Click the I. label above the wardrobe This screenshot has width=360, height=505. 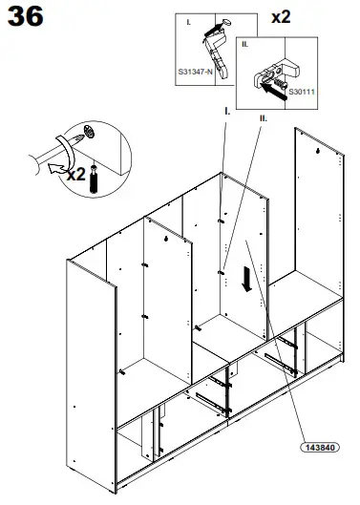[x=226, y=111]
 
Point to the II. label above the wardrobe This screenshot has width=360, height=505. [x=263, y=118]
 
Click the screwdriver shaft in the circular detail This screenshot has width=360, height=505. [x=38, y=162]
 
